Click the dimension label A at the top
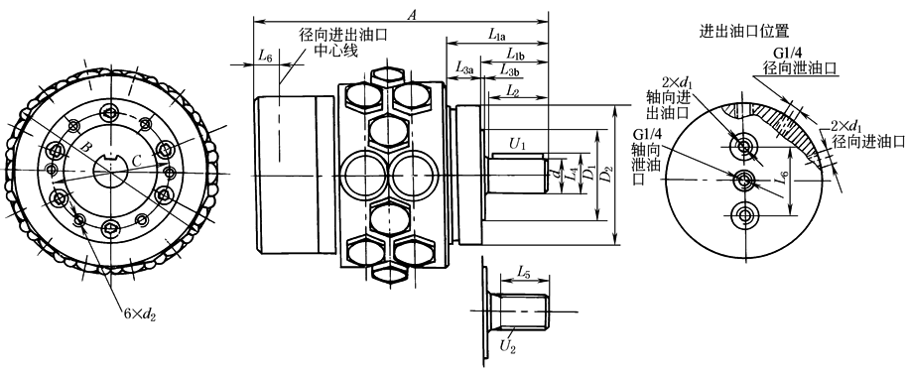412,16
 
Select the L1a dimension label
497,36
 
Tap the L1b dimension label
515,55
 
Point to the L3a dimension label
464,68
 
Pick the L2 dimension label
512,90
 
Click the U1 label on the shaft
518,144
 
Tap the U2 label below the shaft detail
507,346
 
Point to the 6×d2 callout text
140,313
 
